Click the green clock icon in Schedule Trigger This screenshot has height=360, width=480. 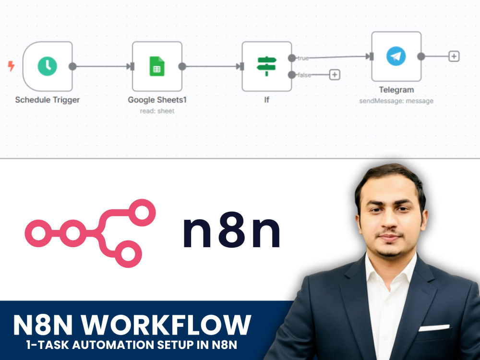[47, 66]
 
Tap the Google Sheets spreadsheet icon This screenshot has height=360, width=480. [157, 66]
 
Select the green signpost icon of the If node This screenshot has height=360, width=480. [266, 66]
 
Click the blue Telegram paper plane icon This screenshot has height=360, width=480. [396, 56]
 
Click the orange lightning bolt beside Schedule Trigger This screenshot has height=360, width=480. [11, 66]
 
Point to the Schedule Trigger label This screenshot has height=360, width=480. [47, 100]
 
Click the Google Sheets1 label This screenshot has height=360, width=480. [157, 100]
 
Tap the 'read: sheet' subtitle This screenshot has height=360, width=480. [157, 111]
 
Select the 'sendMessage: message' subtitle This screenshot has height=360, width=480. [396, 101]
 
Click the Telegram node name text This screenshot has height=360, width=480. [396, 90]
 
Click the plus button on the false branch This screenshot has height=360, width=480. [335, 74]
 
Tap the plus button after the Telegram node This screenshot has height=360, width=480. [454, 56]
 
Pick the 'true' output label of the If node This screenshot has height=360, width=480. [303, 58]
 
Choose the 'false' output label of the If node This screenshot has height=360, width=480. [304, 75]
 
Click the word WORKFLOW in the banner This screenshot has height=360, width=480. [166, 325]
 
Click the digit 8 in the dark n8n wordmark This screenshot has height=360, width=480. [231, 229]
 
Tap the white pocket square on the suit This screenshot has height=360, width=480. [434, 328]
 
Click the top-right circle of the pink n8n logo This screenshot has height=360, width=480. [142, 213]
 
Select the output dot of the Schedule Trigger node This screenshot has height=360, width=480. [72, 66]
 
